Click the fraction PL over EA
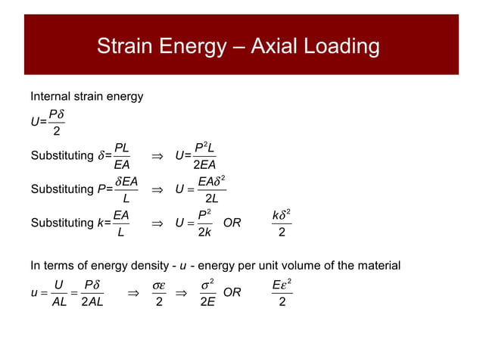click(121, 154)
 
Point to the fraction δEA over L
click(124, 189)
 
